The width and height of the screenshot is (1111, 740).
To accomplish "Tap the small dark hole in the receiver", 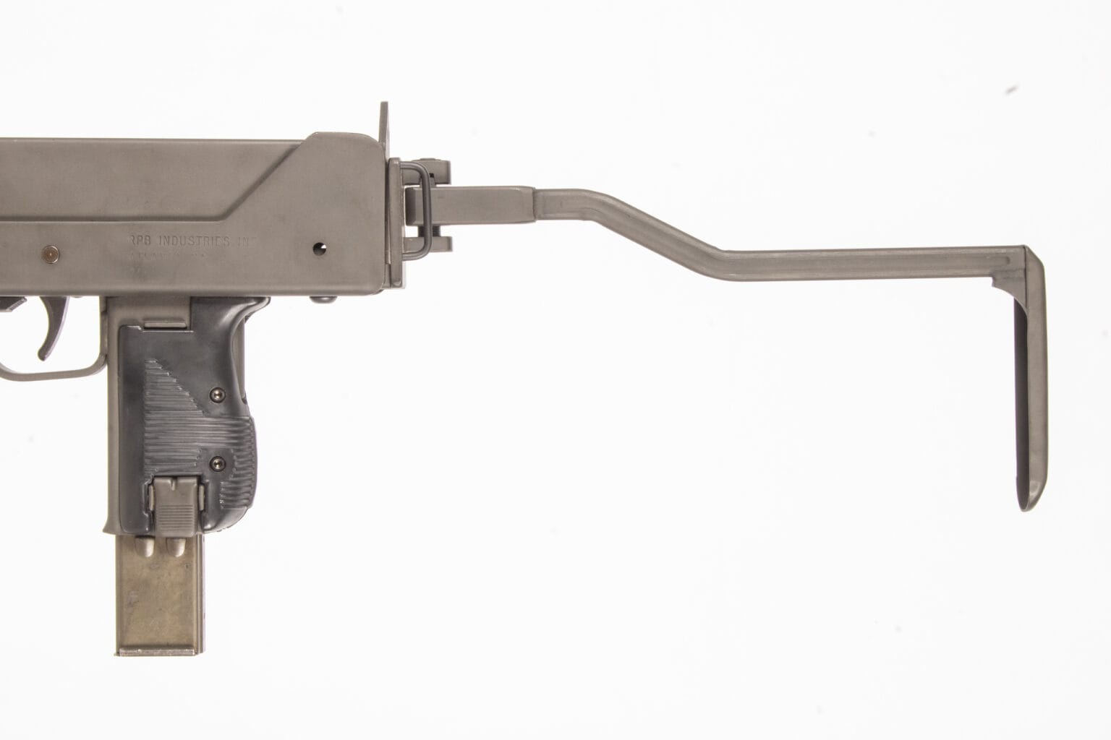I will (318, 247).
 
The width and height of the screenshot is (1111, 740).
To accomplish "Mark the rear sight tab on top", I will (384, 120).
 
